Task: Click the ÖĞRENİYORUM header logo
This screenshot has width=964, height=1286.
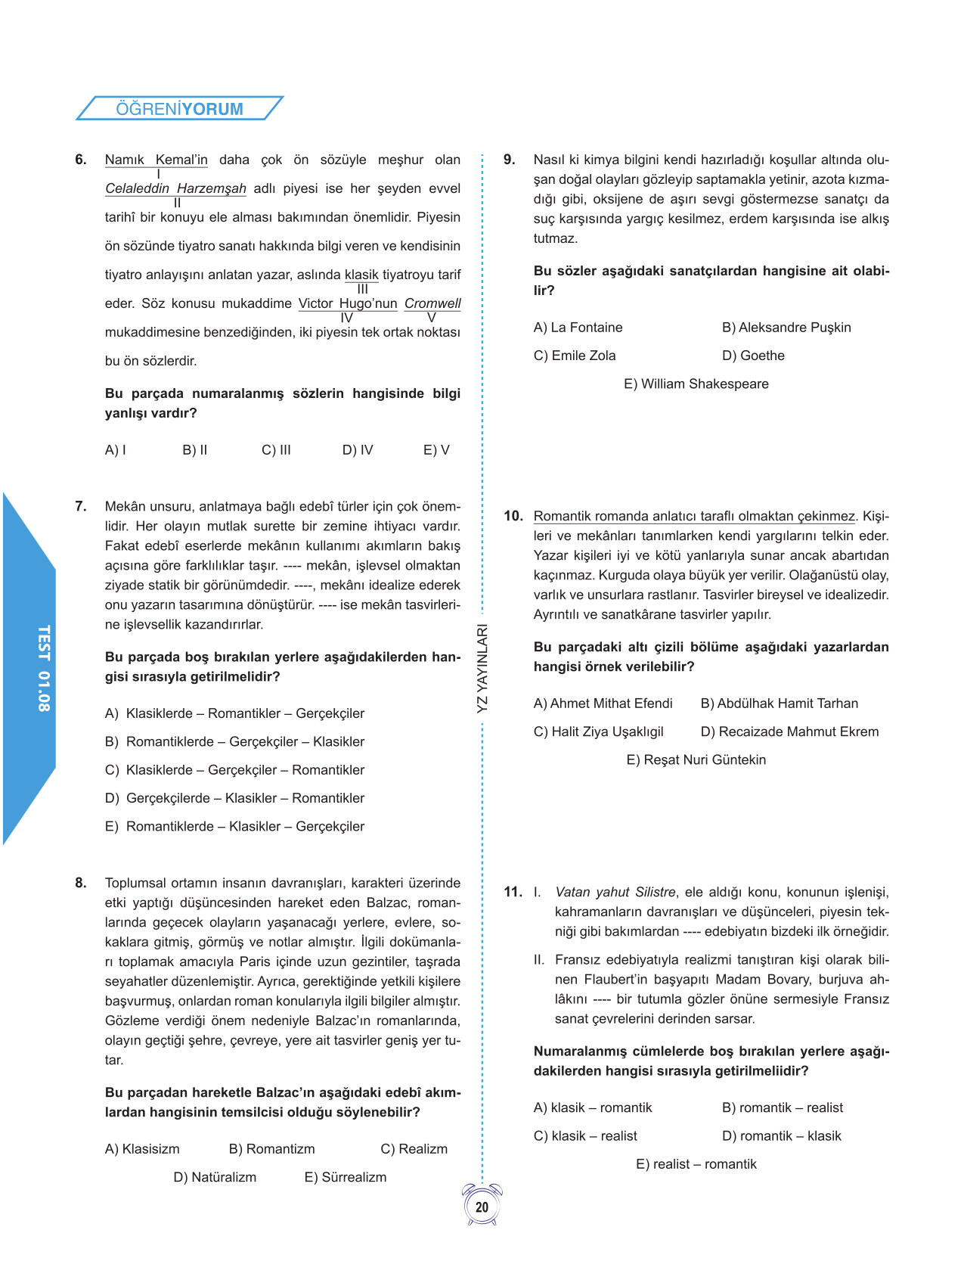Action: click(x=179, y=108)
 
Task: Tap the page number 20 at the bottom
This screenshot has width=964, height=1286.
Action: click(x=482, y=1207)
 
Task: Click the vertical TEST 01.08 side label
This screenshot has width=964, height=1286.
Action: click(x=44, y=668)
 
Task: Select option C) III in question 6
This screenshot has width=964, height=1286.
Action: click(x=276, y=450)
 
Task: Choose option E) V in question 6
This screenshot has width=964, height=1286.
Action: click(x=436, y=450)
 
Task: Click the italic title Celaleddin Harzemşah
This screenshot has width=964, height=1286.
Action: click(x=175, y=188)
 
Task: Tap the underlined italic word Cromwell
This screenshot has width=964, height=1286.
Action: click(x=432, y=303)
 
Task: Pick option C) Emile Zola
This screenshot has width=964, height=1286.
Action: click(x=575, y=356)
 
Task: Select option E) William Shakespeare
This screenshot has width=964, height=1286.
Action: click(x=696, y=384)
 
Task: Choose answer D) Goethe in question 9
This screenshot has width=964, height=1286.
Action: click(x=753, y=356)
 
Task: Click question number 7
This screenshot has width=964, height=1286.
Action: click(x=81, y=506)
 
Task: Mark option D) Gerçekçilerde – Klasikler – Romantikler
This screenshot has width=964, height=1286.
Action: click(x=234, y=798)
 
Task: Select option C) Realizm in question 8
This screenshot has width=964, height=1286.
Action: click(x=414, y=1149)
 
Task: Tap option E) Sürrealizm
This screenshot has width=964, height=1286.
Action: click(x=345, y=1177)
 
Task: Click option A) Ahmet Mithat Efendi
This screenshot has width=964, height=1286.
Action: click(x=603, y=704)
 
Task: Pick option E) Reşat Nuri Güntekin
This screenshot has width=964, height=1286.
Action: click(x=696, y=760)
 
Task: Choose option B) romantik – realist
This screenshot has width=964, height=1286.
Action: click(x=783, y=1107)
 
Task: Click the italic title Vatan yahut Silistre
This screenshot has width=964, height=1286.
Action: click(x=615, y=892)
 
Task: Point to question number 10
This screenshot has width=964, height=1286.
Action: click(x=513, y=516)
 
